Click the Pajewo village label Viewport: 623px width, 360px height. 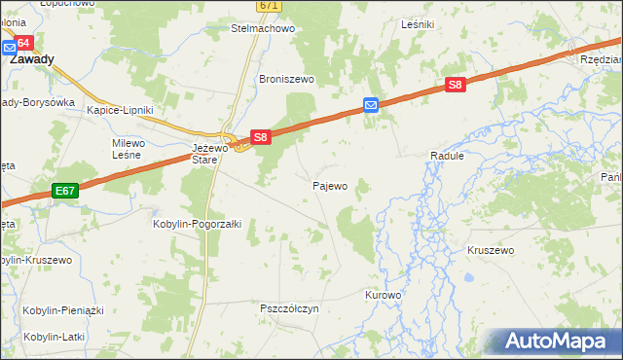[x=329, y=185]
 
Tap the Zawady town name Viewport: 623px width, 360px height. [x=31, y=58]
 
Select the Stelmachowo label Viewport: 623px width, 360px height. [x=262, y=28]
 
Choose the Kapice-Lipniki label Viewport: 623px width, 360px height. [x=120, y=110]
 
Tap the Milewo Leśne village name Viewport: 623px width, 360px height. [x=128, y=150]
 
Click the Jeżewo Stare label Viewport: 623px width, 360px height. [x=203, y=154]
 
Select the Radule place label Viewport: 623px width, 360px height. [x=448, y=156]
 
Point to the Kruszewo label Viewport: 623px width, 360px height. [x=490, y=250]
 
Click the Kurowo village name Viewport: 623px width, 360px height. [x=383, y=294]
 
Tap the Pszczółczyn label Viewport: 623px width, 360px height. [x=289, y=308]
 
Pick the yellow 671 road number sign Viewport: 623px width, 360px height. [x=270, y=6]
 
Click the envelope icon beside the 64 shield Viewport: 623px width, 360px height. [x=8, y=46]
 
